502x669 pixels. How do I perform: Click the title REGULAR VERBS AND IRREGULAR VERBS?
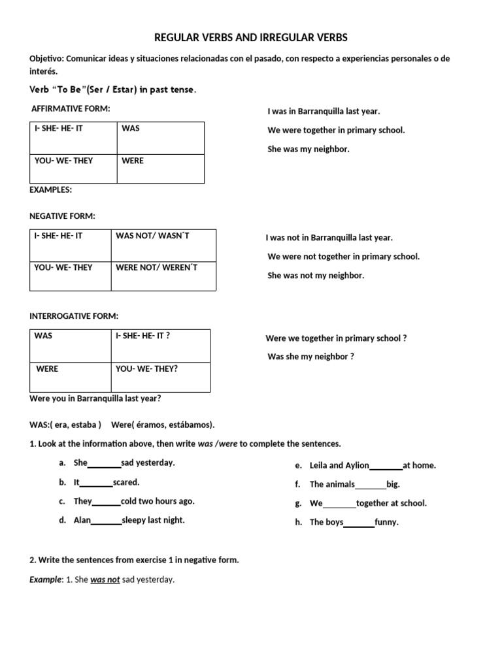coord(251,38)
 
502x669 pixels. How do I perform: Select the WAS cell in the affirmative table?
coord(131,129)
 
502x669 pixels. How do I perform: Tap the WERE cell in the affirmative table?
coord(133,161)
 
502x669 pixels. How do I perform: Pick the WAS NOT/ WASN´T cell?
coord(152,236)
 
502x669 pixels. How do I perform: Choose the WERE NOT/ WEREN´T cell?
coord(156,267)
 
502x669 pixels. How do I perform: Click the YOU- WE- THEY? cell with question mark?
coord(146,369)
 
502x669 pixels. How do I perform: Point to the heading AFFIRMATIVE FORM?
coord(71,108)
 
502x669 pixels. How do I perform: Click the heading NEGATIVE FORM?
coord(63,216)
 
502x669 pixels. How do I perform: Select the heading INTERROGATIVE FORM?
coord(74,316)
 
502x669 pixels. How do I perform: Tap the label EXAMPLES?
coord(51,189)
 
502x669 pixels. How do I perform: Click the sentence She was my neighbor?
coord(309,149)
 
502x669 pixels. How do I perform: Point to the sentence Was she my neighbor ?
coord(310,357)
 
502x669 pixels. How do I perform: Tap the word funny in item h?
coord(386,523)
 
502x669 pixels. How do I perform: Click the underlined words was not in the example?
coord(105,579)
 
